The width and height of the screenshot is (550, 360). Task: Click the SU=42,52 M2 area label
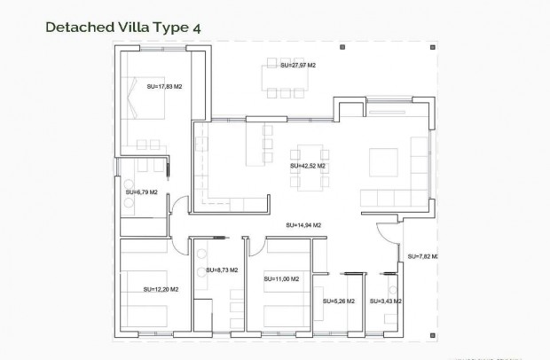pyautogui.click(x=308, y=166)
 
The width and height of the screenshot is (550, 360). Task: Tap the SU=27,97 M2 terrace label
pyautogui.click(x=298, y=66)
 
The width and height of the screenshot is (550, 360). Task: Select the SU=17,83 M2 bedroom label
pyautogui.click(x=164, y=87)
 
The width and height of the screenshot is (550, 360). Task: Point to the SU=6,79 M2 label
pyautogui.click(x=141, y=192)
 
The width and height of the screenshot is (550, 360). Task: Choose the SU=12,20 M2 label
pyautogui.click(x=161, y=289)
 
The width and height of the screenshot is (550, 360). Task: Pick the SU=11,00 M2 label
pyautogui.click(x=281, y=279)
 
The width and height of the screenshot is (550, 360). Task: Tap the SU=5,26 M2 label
pyautogui.click(x=339, y=301)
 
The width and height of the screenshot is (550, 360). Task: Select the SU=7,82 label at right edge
pyautogui.click(x=423, y=256)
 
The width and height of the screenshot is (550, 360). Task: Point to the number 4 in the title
pyautogui.click(x=196, y=27)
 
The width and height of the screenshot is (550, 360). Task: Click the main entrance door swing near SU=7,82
pyautogui.click(x=388, y=234)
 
